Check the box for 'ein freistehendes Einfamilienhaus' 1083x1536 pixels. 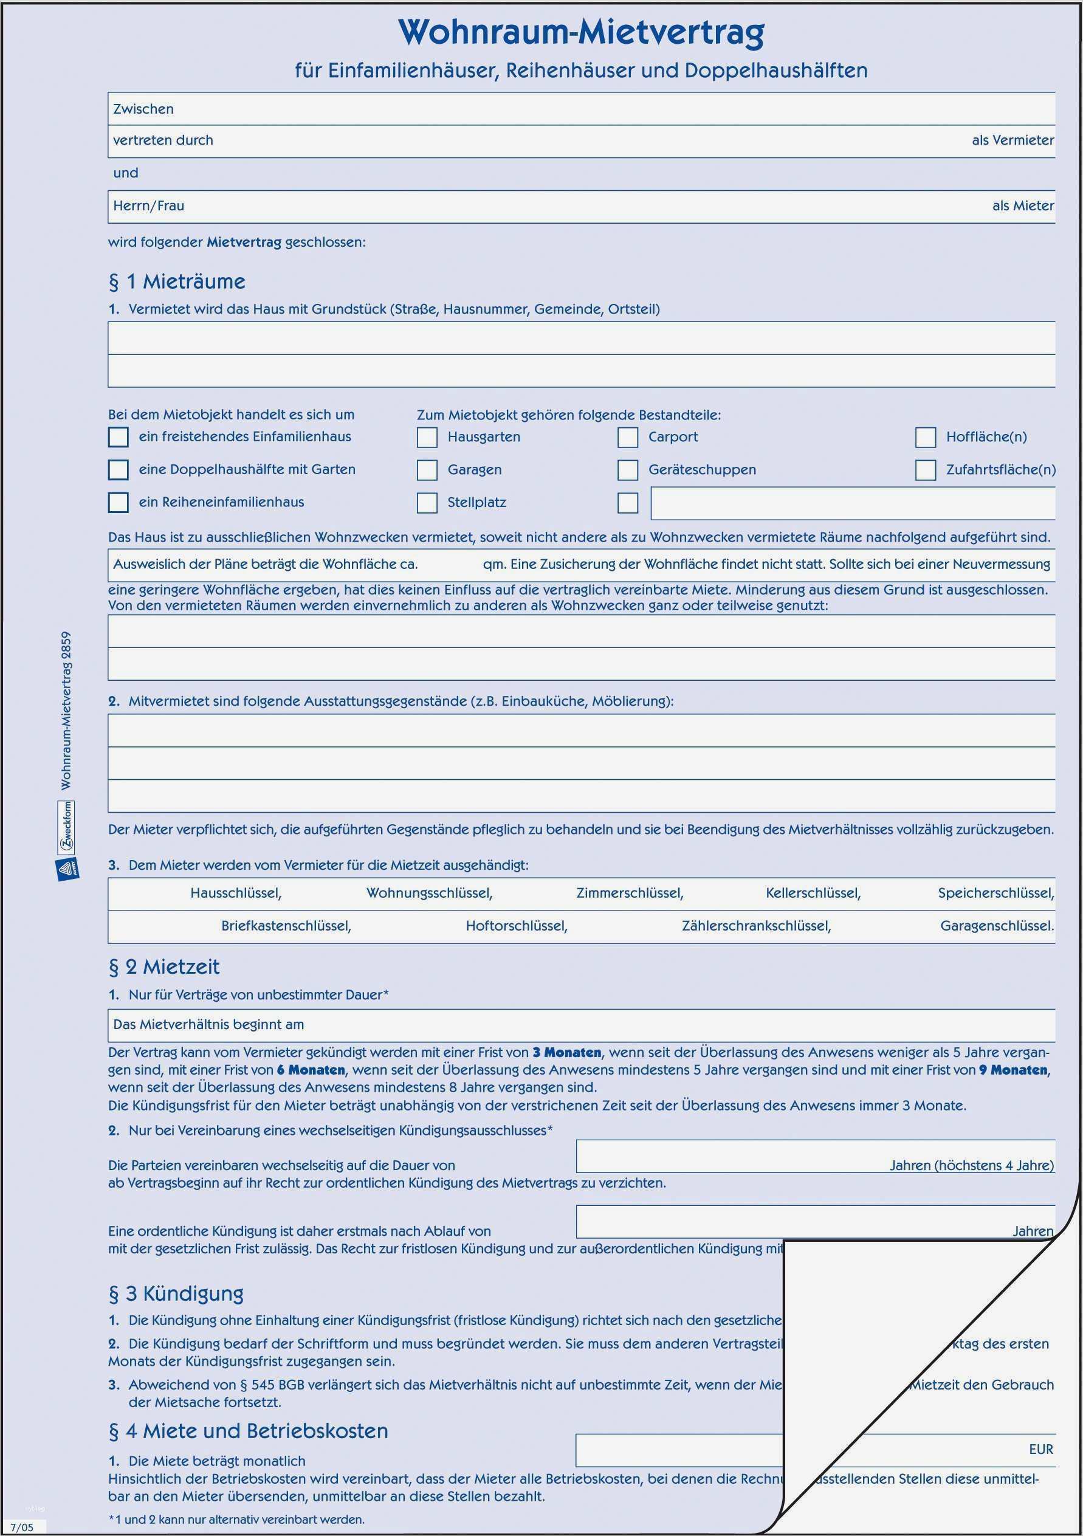pos(119,437)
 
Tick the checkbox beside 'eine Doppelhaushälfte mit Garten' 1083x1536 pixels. pos(119,470)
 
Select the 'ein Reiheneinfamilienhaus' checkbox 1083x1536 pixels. pos(119,503)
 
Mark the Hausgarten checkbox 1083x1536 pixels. pos(427,438)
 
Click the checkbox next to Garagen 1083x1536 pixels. pos(427,470)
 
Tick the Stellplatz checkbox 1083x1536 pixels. pos(427,503)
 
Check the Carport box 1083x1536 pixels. pos(627,438)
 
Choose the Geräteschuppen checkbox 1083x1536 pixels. pos(627,470)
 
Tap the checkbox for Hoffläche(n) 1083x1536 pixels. pos(925,438)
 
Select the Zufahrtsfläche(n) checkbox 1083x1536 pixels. pos(925,470)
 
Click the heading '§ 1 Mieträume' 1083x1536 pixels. pos(177,281)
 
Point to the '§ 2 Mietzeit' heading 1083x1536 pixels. pos(164,966)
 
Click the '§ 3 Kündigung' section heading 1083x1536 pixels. pos(176,1293)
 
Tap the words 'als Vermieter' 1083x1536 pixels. pos(1013,140)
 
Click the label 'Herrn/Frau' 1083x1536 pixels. pos(148,206)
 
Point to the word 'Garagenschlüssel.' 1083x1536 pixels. pos(997,926)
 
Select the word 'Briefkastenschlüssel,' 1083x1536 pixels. pos(286,926)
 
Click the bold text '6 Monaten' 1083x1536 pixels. pos(311,1070)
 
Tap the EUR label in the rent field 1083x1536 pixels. pos(1041,1449)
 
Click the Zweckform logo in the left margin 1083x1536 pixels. pos(67,827)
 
